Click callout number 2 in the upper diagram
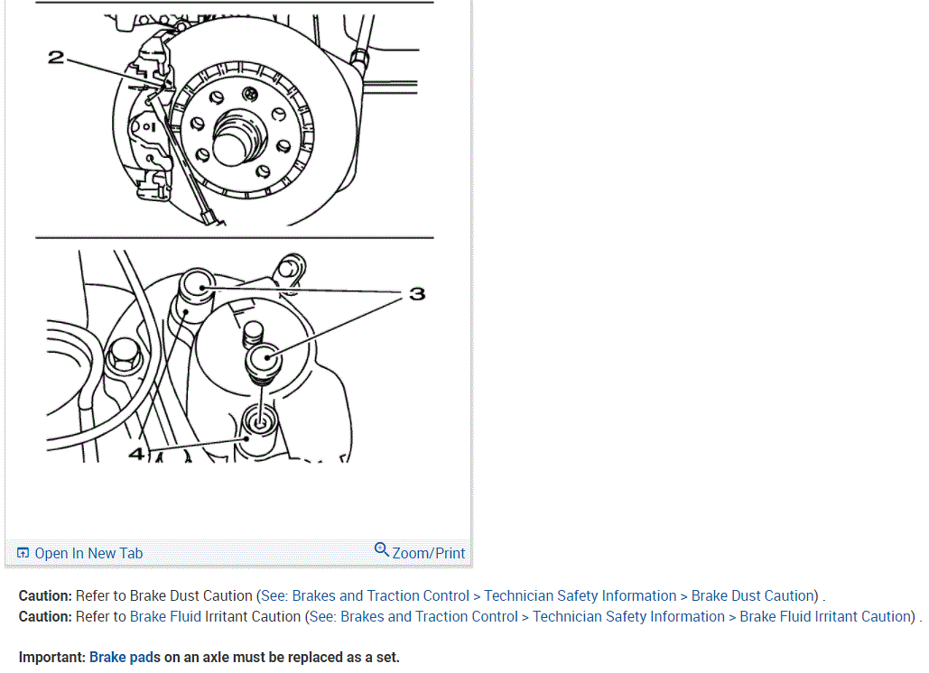tap(56, 58)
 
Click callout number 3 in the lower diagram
tap(418, 293)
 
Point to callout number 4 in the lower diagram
tap(136, 454)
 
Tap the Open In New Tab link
tap(88, 553)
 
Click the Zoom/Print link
tap(428, 553)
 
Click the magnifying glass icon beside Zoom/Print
tap(382, 550)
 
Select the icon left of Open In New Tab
tap(23, 553)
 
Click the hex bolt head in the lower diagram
tap(124, 355)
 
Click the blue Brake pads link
tap(125, 657)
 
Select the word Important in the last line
tap(51, 657)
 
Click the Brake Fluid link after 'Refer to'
tap(165, 617)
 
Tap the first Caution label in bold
tap(45, 595)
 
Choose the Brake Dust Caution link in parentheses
tap(752, 595)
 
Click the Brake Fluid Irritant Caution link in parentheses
tap(825, 617)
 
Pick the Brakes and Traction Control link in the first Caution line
tap(380, 595)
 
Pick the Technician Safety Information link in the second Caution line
tap(628, 617)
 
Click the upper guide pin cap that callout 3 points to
tap(198, 286)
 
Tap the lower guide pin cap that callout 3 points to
tap(264, 359)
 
